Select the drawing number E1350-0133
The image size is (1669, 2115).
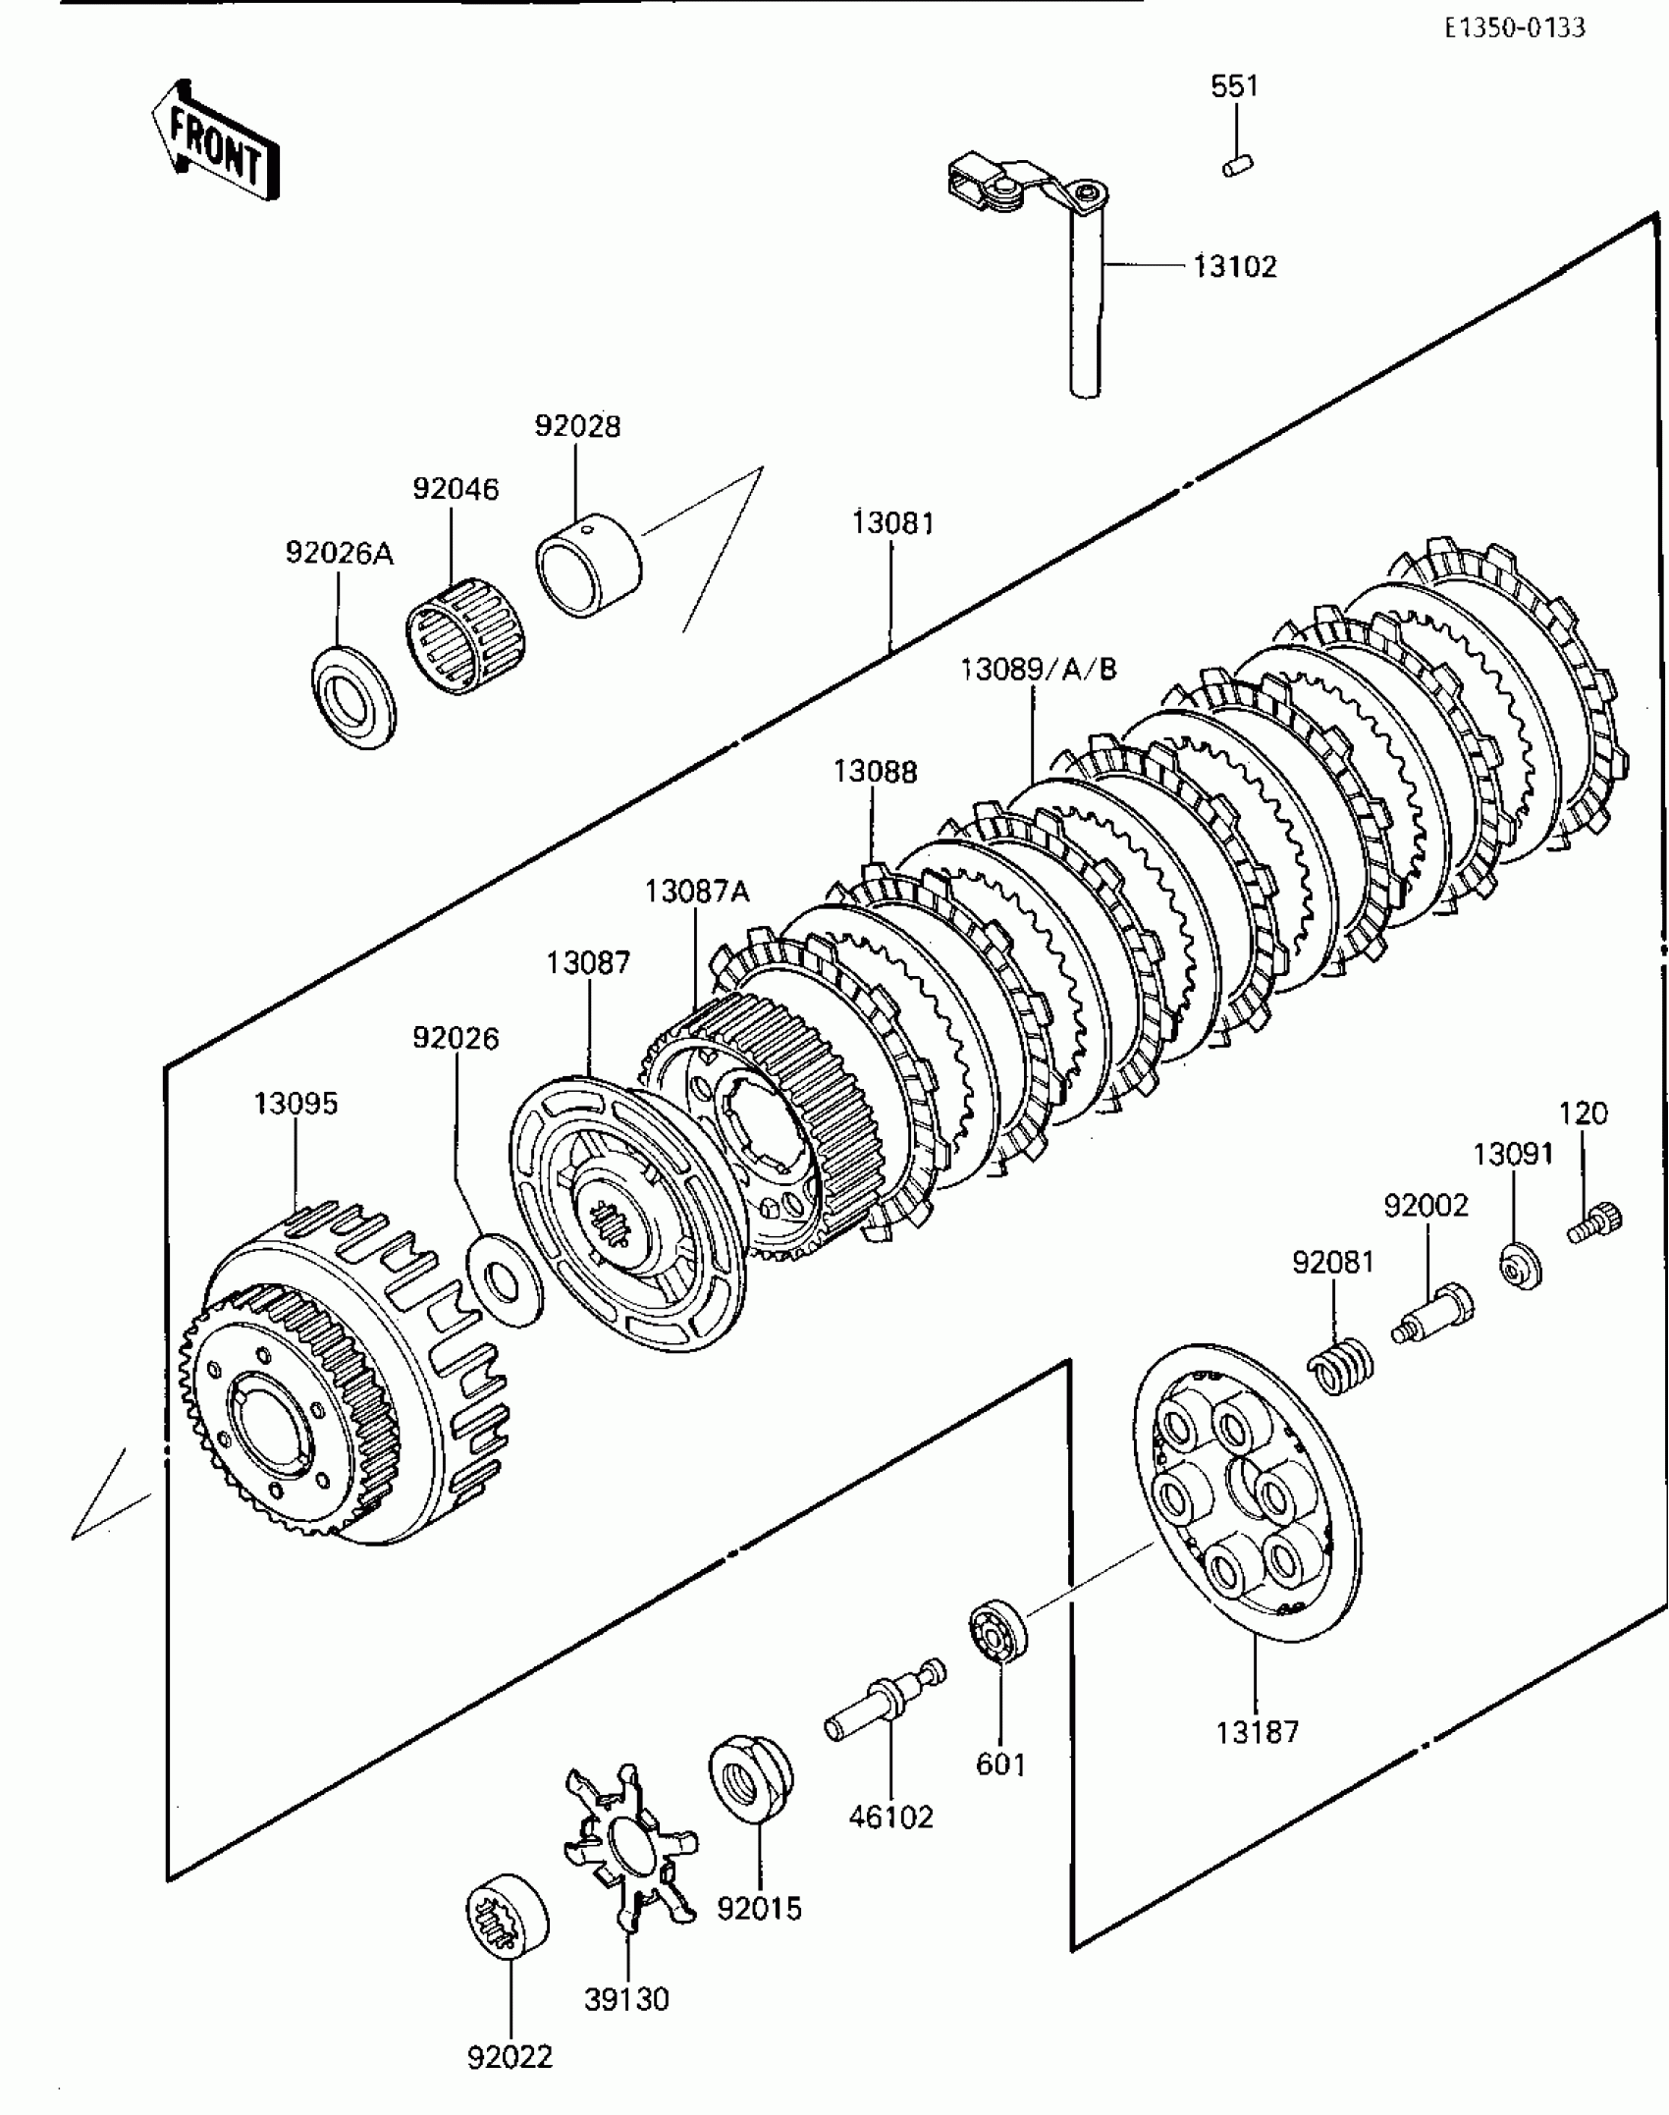tap(1514, 28)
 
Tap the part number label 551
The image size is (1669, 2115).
tap(1234, 86)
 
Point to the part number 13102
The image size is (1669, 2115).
tap(1235, 267)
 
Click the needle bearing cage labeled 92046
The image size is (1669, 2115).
tap(465, 634)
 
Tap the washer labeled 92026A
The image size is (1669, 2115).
tap(353, 697)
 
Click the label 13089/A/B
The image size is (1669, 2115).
tap(1038, 670)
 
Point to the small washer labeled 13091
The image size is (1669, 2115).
tap(1521, 1266)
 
